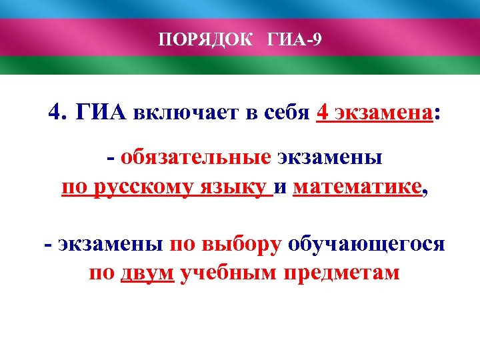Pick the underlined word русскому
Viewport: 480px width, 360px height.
(141, 187)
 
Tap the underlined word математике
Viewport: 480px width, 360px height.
(357, 187)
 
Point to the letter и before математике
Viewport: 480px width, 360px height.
(280, 188)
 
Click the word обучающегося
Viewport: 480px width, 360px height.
(366, 244)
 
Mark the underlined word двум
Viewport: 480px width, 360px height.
(147, 273)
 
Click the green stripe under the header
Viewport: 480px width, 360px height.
(240, 65)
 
